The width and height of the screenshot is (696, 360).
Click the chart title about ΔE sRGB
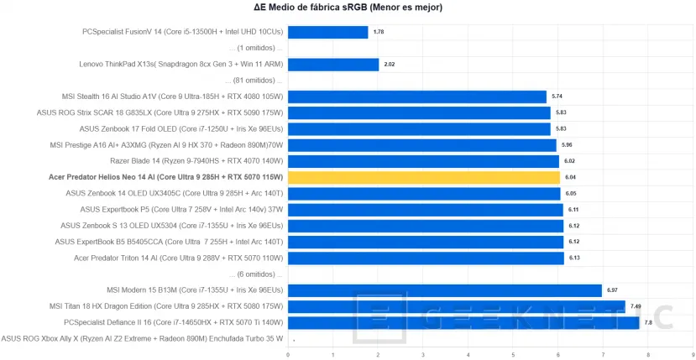(348, 8)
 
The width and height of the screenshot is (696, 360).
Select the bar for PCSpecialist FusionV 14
(327, 32)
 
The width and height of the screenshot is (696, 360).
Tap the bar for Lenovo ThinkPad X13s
(333, 64)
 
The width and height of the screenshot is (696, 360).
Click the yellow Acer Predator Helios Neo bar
(424, 177)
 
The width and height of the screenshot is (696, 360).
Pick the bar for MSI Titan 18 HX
(456, 306)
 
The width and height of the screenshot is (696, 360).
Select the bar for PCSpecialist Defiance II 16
(463, 322)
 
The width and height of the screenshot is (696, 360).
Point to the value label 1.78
(379, 32)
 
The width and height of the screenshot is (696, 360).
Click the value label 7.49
(636, 306)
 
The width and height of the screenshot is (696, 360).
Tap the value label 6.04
(571, 177)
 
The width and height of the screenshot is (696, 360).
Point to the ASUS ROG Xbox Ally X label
(142, 338)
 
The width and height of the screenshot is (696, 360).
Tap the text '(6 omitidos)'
(255, 274)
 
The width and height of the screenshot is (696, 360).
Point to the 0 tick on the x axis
(288, 354)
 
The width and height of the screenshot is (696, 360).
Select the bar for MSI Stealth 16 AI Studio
(417, 97)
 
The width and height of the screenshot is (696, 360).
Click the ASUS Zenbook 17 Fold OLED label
(181, 128)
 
